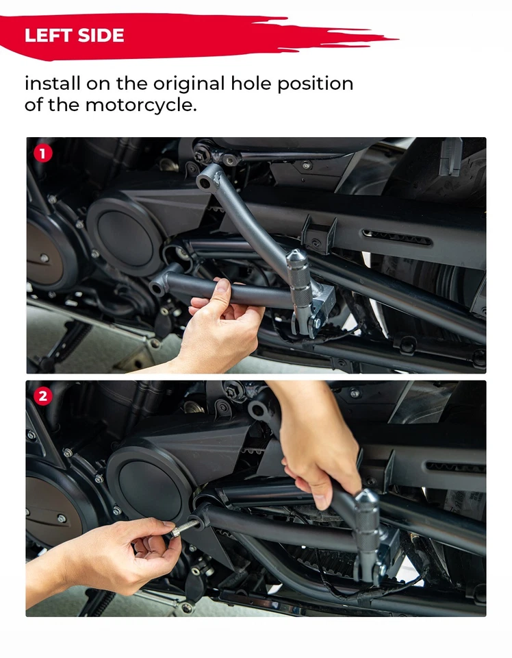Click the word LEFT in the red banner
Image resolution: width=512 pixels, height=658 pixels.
[48, 35]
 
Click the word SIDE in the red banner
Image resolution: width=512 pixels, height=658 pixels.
[101, 35]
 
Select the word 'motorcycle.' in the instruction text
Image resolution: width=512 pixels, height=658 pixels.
[141, 105]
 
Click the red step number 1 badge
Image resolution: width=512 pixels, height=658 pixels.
[42, 154]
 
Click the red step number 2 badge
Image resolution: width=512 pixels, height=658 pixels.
[42, 396]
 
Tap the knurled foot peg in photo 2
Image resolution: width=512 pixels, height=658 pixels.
[366, 520]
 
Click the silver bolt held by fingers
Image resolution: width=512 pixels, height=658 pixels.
[185, 528]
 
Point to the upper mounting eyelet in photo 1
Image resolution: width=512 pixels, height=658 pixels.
[205, 182]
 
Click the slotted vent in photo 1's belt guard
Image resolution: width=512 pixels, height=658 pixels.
[396, 238]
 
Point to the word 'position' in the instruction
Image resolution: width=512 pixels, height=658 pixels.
[315, 84]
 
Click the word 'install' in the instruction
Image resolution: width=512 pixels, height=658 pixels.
[53, 84]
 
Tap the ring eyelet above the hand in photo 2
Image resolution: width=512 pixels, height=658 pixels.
[259, 411]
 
